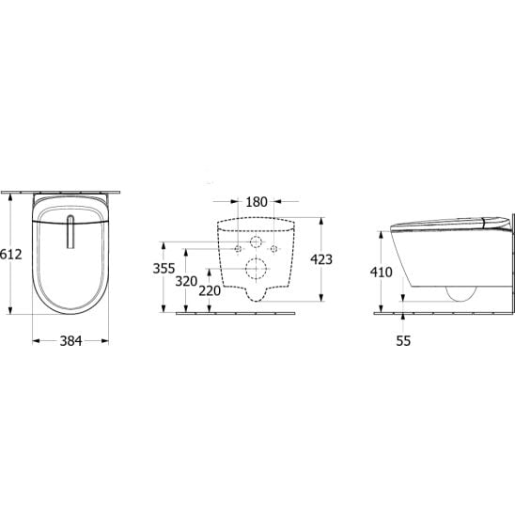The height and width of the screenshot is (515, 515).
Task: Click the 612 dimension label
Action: (x=11, y=255)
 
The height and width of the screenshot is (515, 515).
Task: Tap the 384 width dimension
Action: (x=70, y=341)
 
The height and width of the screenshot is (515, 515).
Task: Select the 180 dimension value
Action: (x=257, y=202)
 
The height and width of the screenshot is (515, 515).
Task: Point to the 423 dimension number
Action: (x=321, y=259)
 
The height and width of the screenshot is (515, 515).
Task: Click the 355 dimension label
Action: (x=164, y=269)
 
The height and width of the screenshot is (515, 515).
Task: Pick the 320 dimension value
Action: (x=186, y=281)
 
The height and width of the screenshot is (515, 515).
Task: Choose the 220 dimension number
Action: (x=210, y=290)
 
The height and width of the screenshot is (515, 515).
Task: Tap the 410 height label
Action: (x=381, y=272)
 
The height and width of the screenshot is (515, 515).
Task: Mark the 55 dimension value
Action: (x=403, y=341)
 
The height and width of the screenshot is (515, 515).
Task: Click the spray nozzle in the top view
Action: (x=70, y=231)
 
